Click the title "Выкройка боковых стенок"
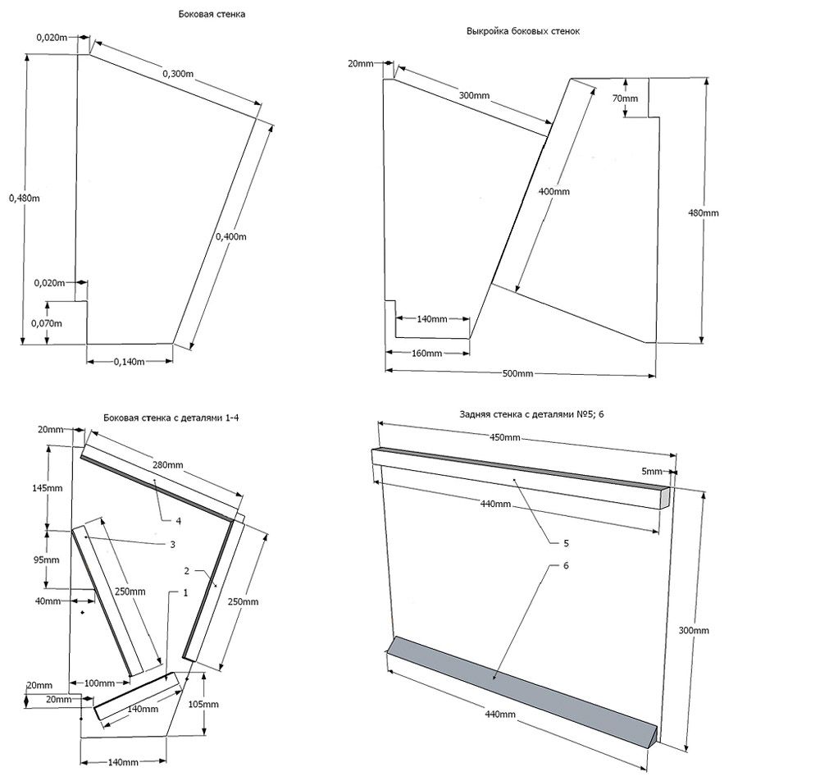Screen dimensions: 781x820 (523, 31)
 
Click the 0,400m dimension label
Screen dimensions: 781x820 (230, 236)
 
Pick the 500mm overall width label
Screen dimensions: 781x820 (517, 374)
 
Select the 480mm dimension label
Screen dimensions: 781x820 (703, 213)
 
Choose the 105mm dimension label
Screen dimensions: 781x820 (203, 704)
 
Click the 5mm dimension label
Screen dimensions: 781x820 (651, 472)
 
